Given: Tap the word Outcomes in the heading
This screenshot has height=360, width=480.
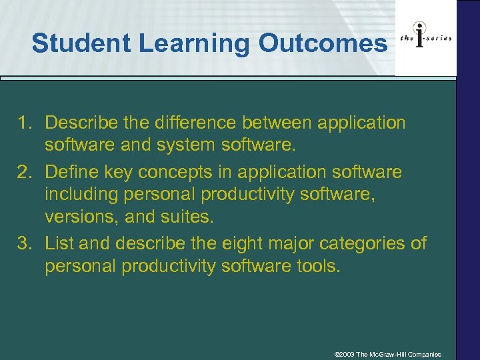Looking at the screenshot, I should click(x=322, y=43).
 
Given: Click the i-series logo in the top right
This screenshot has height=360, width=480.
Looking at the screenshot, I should click(x=426, y=38).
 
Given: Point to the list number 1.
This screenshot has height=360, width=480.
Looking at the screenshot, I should click(x=25, y=123).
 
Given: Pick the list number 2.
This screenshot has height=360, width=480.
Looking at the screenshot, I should click(x=25, y=172).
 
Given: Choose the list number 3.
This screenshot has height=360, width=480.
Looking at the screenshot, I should click(x=25, y=243).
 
